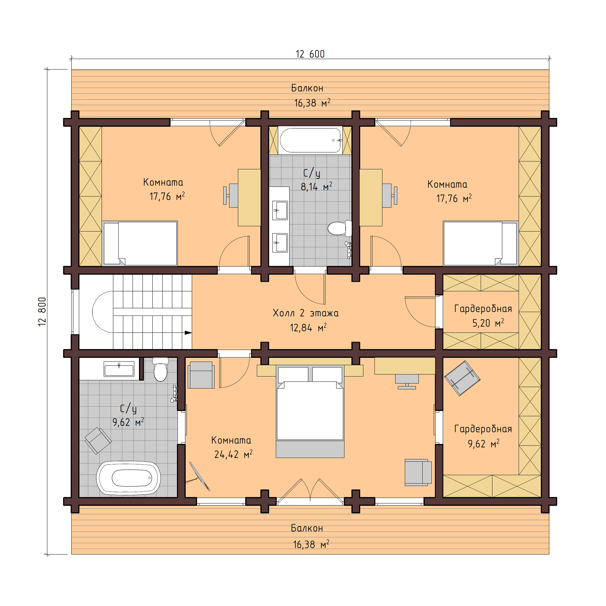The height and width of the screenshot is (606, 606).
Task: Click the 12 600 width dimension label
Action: pos(310,54)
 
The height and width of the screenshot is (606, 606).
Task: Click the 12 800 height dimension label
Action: pos(42,311)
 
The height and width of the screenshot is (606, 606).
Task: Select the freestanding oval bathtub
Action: pos(128,478)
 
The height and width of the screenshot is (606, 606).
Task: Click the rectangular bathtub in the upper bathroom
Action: pos(311,140)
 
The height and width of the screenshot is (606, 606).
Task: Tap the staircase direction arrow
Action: pos(187,333)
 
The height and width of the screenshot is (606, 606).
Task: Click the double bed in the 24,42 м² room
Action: pos(310,411)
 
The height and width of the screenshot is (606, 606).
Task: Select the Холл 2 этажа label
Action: pos(306,313)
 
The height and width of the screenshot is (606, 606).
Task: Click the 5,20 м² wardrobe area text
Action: pos(488,323)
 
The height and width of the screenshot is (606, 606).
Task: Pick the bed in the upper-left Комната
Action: pos(140,243)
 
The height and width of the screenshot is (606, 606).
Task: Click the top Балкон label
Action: pos(307,88)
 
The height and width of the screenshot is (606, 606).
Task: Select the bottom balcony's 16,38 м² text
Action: pos(311,544)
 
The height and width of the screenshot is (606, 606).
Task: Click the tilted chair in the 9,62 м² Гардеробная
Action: pos(462,378)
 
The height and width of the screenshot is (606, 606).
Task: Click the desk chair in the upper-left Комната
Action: pos(232,195)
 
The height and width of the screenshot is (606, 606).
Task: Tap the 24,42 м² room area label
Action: pos(233,454)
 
